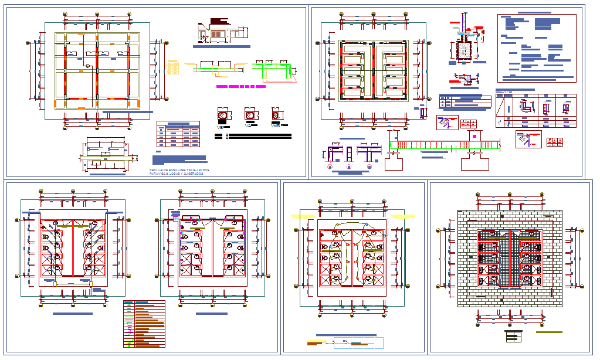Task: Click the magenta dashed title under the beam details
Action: pos(240,86)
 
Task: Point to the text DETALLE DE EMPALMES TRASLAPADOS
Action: pos(179,170)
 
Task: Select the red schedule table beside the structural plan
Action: pos(178,134)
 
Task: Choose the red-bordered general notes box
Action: pos(537,48)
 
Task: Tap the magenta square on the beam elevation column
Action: pos(473,135)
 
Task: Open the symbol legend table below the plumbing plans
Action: pos(144,324)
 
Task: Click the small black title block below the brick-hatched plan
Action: pos(513,336)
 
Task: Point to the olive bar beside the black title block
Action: pos(549,332)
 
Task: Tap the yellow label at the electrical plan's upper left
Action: pos(304,216)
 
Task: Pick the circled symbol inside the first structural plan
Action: pos(87,66)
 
